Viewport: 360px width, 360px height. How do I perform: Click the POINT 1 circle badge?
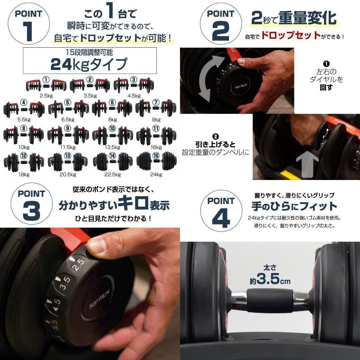pyautogui.click(x=29, y=24)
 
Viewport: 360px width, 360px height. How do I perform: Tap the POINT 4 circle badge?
pyautogui.click(x=221, y=211)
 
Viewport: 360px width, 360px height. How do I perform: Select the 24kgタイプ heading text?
pyautogui.click(x=89, y=64)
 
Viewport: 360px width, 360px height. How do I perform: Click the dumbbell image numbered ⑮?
pyautogui.click(x=156, y=161)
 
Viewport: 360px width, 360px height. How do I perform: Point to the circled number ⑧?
pyautogui.click(x=23, y=128)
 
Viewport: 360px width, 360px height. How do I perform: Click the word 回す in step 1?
pyautogui.click(x=326, y=88)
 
